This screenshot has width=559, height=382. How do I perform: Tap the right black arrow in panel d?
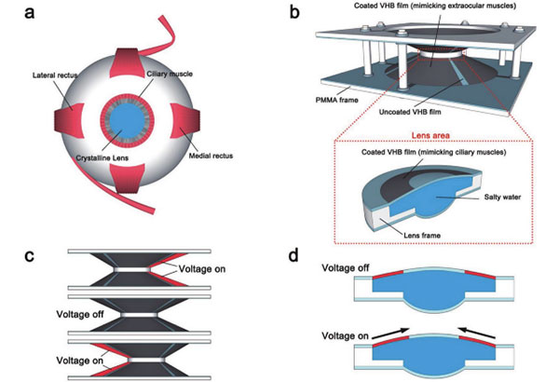[477, 321]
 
